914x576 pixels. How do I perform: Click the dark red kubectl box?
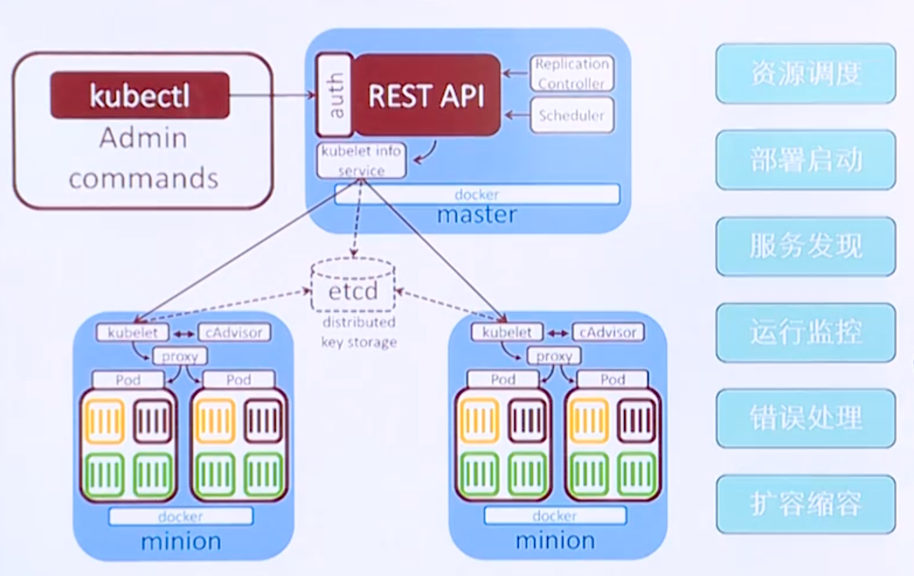point(140,95)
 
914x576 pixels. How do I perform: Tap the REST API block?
point(427,95)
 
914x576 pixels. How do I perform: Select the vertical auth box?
point(335,95)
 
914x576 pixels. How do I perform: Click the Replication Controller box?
point(572,73)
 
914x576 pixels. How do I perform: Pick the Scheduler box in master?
point(572,116)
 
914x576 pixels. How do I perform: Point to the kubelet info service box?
point(362,160)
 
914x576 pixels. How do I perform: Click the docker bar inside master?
point(477,195)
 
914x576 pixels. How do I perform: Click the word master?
point(477,215)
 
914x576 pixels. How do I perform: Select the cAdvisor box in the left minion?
point(235,332)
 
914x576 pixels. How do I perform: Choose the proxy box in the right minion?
point(554,356)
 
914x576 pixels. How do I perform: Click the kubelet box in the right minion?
point(506,332)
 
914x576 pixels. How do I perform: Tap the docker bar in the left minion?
point(181,516)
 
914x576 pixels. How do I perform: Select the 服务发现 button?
point(806,246)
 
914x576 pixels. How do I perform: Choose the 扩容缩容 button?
point(806,504)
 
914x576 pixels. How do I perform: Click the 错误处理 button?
point(806,418)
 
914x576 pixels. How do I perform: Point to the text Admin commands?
point(143,158)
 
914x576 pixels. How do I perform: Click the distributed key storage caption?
point(358,332)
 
